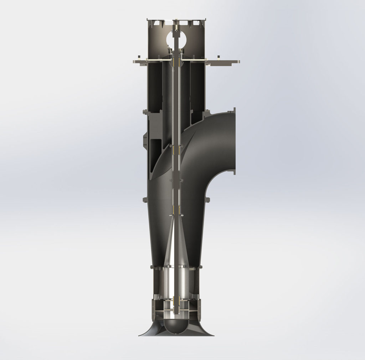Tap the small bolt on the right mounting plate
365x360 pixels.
218,57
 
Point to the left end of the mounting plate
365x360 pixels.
134,62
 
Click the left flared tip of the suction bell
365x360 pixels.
140,335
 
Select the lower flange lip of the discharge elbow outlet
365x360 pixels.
234,172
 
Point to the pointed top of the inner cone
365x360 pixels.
176,219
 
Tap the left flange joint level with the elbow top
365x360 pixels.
145,113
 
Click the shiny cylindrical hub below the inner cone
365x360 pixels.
176,281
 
